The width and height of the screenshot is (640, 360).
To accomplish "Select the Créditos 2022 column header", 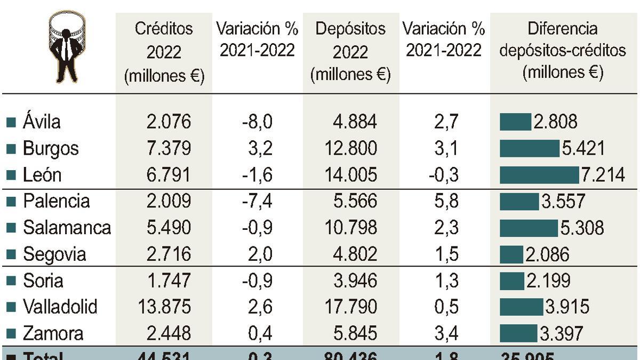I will tap(164, 52).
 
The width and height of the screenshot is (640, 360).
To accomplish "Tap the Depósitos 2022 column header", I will tap(350, 52).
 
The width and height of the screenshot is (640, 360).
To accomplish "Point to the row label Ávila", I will tap(42, 122).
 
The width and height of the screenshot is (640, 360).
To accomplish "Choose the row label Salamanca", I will tap(67, 228).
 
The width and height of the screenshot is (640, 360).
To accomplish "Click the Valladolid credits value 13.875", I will tap(164, 307).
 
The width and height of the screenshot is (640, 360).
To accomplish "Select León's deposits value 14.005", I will tap(351, 175).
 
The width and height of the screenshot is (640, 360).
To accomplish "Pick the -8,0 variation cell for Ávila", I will tap(257, 122).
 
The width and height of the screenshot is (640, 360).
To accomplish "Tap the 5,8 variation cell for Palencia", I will tap(446, 201).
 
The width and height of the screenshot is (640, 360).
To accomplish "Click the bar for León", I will tap(539, 175).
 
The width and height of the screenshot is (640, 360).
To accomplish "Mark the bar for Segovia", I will tap(511, 254).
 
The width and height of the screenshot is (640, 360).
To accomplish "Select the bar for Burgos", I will tap(529, 148).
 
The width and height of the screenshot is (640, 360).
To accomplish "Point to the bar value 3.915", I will tap(567, 307).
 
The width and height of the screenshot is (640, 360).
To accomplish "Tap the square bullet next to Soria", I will tap(11, 281).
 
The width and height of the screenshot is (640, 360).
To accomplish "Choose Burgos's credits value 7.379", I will tap(168, 148).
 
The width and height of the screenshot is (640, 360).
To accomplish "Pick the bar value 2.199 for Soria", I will tap(548, 281).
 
